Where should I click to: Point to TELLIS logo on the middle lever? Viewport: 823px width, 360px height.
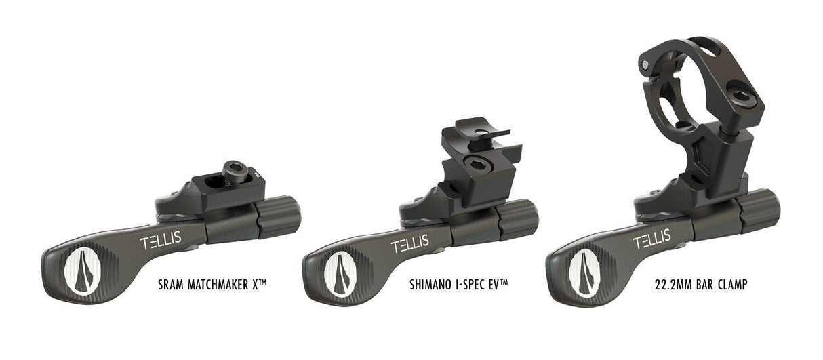[x=411, y=242]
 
